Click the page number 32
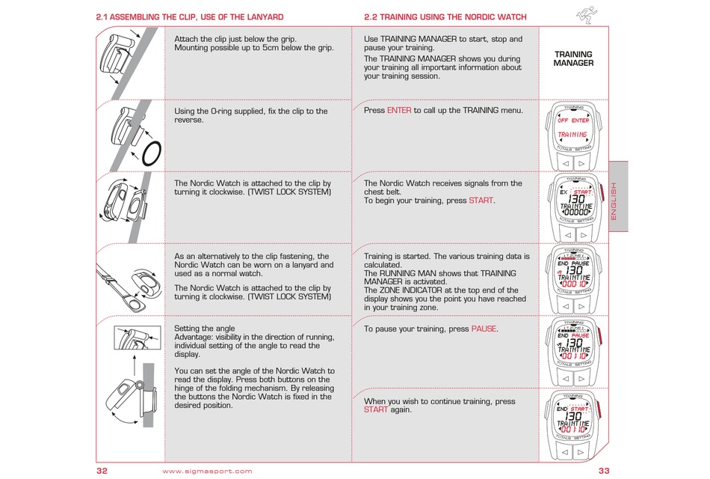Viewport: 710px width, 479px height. coord(102,471)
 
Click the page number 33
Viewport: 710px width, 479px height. coord(605,471)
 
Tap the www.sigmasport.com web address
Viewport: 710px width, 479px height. coord(207,471)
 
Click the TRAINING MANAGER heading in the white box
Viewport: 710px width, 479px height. coord(573,58)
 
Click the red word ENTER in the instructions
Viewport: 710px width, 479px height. coord(399,110)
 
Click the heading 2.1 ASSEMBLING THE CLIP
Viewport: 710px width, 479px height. coord(190,16)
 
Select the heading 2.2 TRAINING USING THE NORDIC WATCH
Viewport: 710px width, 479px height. coord(445,16)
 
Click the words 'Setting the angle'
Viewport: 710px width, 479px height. coord(204,329)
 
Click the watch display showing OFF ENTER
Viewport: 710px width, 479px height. coord(573,126)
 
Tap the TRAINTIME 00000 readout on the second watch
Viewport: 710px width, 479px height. coord(574,209)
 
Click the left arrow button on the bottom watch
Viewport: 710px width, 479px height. coord(566,451)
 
